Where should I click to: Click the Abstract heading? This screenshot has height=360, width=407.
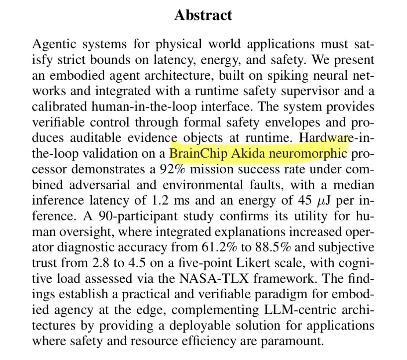[x=203, y=15]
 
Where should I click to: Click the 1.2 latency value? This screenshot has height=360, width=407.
[x=155, y=200]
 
